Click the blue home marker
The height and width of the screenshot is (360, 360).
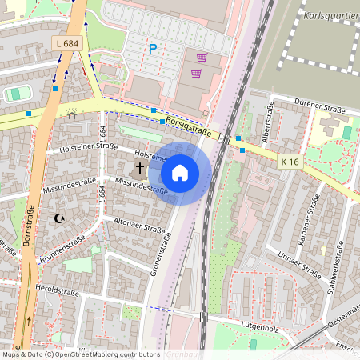180,172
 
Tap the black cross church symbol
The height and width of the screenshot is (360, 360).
140,168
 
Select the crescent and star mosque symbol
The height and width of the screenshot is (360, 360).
58,218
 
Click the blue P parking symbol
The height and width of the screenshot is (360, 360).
152,50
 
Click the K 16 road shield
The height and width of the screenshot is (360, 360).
290,162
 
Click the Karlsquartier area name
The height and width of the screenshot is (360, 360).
331,15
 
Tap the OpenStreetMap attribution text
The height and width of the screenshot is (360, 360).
80,354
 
